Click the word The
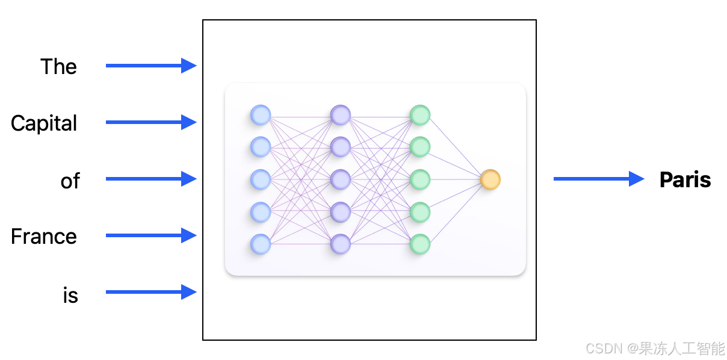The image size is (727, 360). click(x=58, y=66)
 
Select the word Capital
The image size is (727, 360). click(x=44, y=123)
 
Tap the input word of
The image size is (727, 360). click(x=70, y=181)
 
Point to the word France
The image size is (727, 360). click(x=44, y=237)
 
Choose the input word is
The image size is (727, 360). click(x=70, y=296)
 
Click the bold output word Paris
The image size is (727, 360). click(x=685, y=179)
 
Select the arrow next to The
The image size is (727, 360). click(x=151, y=66)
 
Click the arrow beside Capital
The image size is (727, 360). click(x=151, y=122)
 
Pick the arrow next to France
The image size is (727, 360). click(x=151, y=235)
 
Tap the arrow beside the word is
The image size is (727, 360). click(x=151, y=293)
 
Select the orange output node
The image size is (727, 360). click(x=490, y=179)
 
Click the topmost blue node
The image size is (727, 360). click(x=261, y=114)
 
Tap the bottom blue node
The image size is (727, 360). click(x=261, y=244)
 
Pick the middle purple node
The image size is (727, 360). click(x=341, y=179)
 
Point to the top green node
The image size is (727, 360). click(x=420, y=114)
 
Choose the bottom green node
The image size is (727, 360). click(x=420, y=244)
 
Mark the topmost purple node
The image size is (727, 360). click(x=341, y=114)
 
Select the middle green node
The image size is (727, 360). click(x=420, y=179)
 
